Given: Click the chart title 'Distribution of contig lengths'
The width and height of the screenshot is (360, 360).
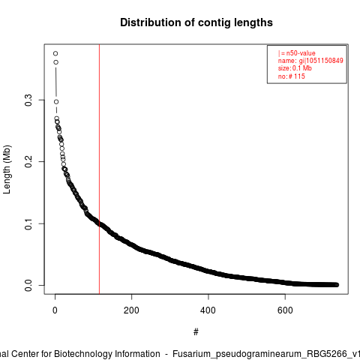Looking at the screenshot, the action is tap(196, 22).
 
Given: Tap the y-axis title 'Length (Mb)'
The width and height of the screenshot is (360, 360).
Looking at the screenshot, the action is tap(7, 169).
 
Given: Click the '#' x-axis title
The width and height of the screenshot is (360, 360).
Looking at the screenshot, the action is tap(196, 332).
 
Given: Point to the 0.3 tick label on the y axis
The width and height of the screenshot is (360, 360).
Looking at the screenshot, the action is tap(28, 100).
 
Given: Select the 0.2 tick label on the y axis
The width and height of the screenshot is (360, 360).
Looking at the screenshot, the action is tap(28, 162).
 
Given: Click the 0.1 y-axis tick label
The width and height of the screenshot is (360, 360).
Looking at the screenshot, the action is tap(28, 223).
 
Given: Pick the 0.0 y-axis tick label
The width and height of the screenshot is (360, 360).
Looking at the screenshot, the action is tap(28, 285).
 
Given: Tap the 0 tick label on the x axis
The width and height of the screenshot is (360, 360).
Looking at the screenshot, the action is tap(55, 310).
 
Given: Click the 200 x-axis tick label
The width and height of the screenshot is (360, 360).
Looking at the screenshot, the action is tap(131, 310).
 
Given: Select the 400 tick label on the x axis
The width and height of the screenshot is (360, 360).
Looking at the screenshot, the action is tap(208, 310).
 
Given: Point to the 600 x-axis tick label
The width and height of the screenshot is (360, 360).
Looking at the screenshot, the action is tap(285, 310).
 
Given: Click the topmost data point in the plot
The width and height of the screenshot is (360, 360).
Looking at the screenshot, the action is tap(55, 53).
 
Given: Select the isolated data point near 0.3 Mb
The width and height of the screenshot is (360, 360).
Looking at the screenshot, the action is tap(56, 102).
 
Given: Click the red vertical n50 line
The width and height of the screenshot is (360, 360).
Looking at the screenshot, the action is tap(100, 169).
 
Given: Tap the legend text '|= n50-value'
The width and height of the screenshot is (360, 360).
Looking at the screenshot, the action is tap(296, 53).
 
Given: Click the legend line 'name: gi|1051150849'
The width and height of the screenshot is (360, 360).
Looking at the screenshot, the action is tap(310, 61).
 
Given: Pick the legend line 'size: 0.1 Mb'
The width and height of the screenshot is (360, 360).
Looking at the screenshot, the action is tap(295, 68).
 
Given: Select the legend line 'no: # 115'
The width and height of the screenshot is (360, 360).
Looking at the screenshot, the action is tap(292, 76).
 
